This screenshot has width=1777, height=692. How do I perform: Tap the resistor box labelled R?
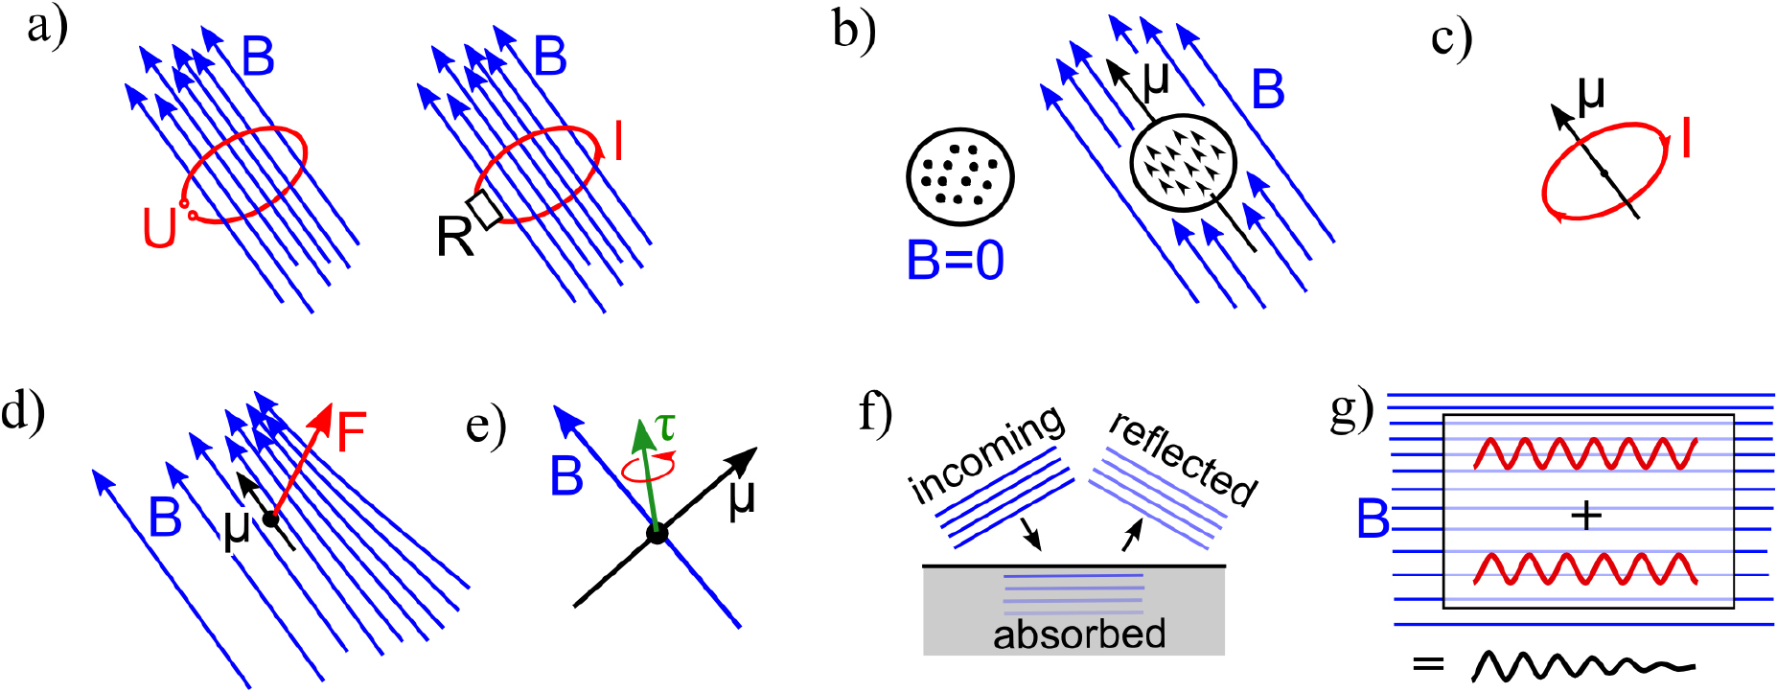(x=484, y=210)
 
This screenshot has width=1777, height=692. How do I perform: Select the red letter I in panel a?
(x=618, y=142)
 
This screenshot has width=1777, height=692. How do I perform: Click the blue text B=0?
(x=955, y=260)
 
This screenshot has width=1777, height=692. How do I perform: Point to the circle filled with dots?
(x=959, y=175)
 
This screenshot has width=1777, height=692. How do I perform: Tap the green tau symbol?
(x=664, y=425)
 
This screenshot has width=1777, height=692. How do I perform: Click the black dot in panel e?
(x=657, y=534)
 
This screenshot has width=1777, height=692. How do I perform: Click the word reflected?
(x=1183, y=457)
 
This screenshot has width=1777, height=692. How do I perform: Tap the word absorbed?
(x=1079, y=634)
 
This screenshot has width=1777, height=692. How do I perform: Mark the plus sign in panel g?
(x=1587, y=517)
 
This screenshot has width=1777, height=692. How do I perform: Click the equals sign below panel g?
(x=1428, y=663)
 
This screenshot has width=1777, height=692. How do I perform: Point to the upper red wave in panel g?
(x=1585, y=453)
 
